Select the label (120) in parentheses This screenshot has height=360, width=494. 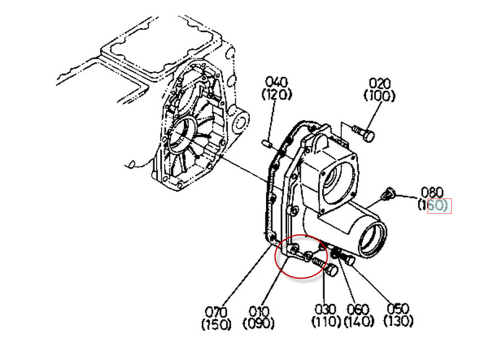click(x=277, y=95)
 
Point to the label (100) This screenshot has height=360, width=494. click(x=380, y=96)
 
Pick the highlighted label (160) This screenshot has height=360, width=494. click(x=439, y=205)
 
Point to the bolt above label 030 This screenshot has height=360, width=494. click(x=327, y=269)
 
